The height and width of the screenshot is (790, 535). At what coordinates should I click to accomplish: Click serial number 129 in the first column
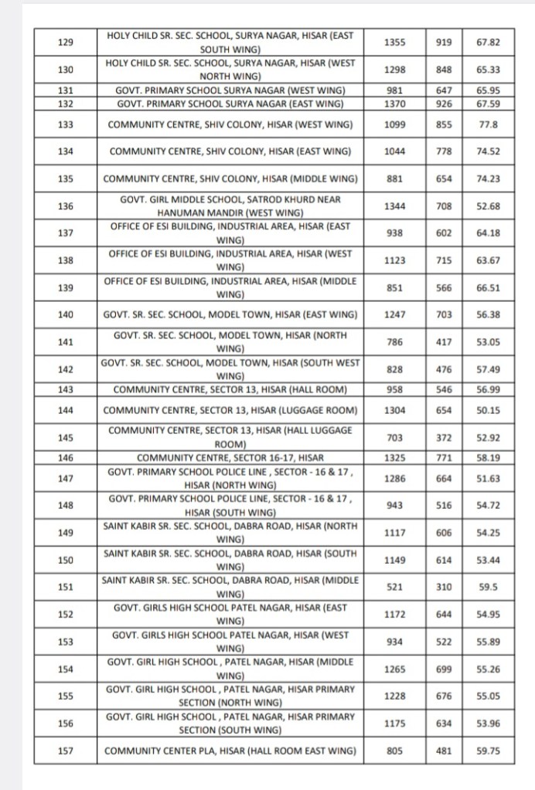pyautogui.click(x=65, y=42)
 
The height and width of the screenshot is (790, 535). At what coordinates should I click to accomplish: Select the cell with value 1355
pyautogui.click(x=394, y=42)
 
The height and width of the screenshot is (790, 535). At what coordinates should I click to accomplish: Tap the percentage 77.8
pyautogui.click(x=488, y=124)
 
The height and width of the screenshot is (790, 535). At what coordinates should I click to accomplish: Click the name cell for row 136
pyautogui.click(x=230, y=205)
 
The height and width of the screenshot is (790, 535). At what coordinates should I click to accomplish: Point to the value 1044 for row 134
pyautogui.click(x=394, y=151)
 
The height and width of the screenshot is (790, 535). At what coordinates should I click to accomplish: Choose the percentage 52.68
pyautogui.click(x=488, y=205)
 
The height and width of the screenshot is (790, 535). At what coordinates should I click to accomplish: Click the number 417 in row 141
pyautogui.click(x=444, y=341)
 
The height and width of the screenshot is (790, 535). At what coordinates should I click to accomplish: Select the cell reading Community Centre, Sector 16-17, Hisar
pyautogui.click(x=230, y=458)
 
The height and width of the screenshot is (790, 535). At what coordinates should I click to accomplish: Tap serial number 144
pyautogui.click(x=65, y=410)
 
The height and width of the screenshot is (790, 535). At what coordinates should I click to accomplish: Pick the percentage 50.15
pyautogui.click(x=488, y=410)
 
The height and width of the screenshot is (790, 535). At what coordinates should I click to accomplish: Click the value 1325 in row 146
pyautogui.click(x=394, y=458)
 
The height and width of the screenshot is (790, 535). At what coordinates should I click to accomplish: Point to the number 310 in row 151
pyautogui.click(x=444, y=587)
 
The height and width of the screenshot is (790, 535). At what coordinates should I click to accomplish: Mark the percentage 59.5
pyautogui.click(x=488, y=587)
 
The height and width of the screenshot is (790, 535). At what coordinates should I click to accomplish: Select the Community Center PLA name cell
pyautogui.click(x=230, y=750)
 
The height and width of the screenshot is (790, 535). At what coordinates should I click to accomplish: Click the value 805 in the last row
pyautogui.click(x=394, y=750)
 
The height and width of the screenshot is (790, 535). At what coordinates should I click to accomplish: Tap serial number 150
pyautogui.click(x=65, y=560)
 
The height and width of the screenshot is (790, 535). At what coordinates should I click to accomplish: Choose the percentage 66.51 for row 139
pyautogui.click(x=488, y=288)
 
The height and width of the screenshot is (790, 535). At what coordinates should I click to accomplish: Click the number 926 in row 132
pyautogui.click(x=444, y=103)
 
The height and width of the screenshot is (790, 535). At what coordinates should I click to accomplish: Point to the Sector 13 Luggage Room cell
pyautogui.click(x=230, y=410)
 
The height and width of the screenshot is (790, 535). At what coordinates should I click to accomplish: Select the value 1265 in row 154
pyautogui.click(x=394, y=669)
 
